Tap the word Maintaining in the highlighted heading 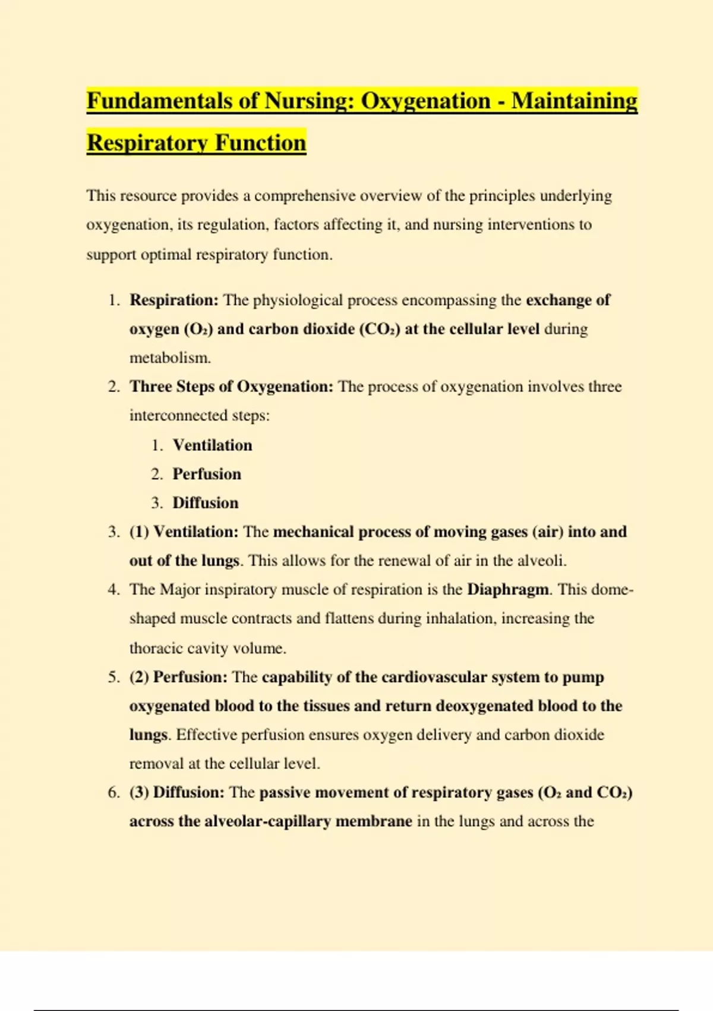click(574, 101)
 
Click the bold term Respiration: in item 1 click(174, 300)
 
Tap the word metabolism click(170, 358)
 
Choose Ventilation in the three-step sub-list click(212, 445)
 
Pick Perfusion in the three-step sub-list click(207, 474)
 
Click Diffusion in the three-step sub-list click(205, 503)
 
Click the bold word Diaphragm click(509, 589)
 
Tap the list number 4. click(113, 590)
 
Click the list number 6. click(113, 793)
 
